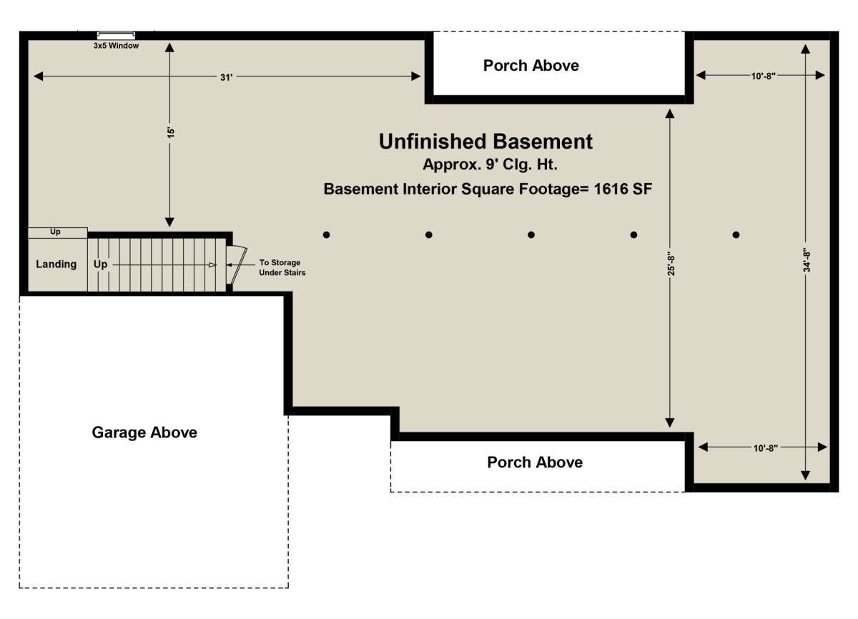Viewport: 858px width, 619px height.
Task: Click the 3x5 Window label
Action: click(x=116, y=46)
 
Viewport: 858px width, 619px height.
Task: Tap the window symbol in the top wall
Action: click(x=116, y=36)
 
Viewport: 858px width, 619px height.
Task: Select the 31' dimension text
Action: click(x=227, y=77)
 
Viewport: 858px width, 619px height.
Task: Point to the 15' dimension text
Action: click(x=171, y=132)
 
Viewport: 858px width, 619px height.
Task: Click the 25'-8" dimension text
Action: click(x=671, y=264)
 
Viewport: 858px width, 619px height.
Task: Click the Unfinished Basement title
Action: click(x=485, y=142)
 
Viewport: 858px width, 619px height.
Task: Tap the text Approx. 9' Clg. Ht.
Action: click(x=490, y=164)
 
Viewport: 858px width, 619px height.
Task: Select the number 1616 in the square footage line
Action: click(x=609, y=189)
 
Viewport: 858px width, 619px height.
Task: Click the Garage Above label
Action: click(x=144, y=432)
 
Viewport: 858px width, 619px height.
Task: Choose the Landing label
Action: click(x=56, y=264)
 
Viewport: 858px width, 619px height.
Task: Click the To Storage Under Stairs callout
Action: click(x=282, y=267)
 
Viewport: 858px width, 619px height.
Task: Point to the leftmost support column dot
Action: click(x=326, y=234)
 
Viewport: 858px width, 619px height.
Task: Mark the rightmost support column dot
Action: click(x=736, y=234)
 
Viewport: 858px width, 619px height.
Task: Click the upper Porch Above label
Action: click(x=531, y=66)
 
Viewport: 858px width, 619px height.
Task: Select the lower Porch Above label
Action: click(x=535, y=462)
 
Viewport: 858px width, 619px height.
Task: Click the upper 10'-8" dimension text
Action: click(x=764, y=76)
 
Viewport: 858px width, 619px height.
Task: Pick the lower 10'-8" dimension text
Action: click(x=766, y=448)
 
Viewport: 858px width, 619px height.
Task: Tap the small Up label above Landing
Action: click(x=55, y=232)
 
